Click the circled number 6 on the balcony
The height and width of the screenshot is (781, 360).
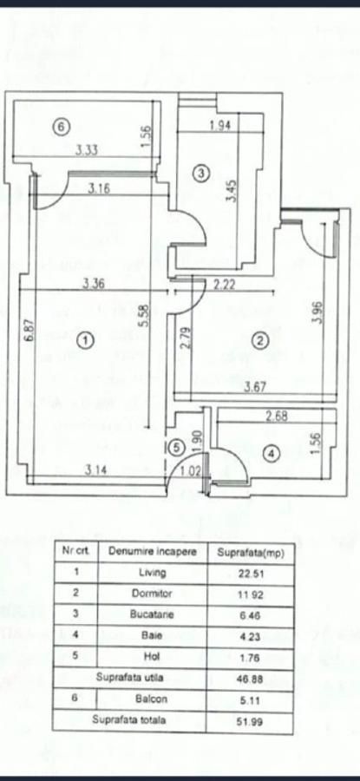61,127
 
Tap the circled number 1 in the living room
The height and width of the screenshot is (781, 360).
87,341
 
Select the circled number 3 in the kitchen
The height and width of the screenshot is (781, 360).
201,174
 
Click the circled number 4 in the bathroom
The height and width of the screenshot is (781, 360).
271,453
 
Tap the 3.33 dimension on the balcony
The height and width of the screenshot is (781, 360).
86,149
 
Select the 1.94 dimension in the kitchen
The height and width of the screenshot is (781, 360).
220,126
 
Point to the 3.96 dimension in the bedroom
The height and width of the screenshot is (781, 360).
317,312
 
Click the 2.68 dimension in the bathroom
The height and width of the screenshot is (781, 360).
277,417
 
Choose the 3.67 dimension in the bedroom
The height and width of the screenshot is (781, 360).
254,386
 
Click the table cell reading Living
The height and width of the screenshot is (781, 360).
153,573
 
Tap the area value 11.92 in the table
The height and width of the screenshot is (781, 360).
251,594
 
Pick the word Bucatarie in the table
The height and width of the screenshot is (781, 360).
153,614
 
